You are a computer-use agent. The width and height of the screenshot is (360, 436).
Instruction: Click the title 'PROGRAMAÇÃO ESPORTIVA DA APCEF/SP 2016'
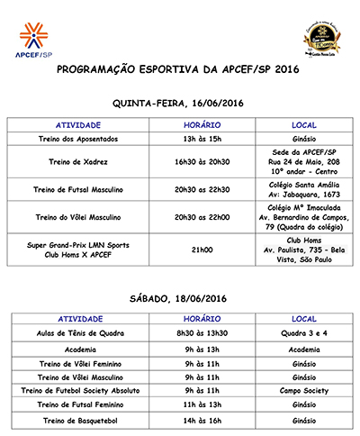[178, 68]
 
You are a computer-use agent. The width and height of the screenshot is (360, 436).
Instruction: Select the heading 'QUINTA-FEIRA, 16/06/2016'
[178, 104]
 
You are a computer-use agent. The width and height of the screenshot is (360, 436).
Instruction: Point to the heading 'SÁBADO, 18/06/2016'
[178, 297]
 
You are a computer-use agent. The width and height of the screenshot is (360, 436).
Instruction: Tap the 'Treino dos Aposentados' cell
[79, 139]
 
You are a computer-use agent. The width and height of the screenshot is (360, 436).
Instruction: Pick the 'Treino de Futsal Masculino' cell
[79, 189]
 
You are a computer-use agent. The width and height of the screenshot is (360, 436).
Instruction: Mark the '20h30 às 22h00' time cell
[202, 217]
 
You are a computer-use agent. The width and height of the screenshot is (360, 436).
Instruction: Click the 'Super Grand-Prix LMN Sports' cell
[79, 243]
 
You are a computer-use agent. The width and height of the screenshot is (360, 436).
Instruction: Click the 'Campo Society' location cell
[305, 390]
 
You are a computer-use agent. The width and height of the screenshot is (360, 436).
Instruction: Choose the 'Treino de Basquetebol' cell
[79, 420]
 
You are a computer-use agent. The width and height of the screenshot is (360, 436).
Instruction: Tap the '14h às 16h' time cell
[202, 420]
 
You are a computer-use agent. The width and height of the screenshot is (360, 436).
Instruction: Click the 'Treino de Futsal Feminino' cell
[79, 404]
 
